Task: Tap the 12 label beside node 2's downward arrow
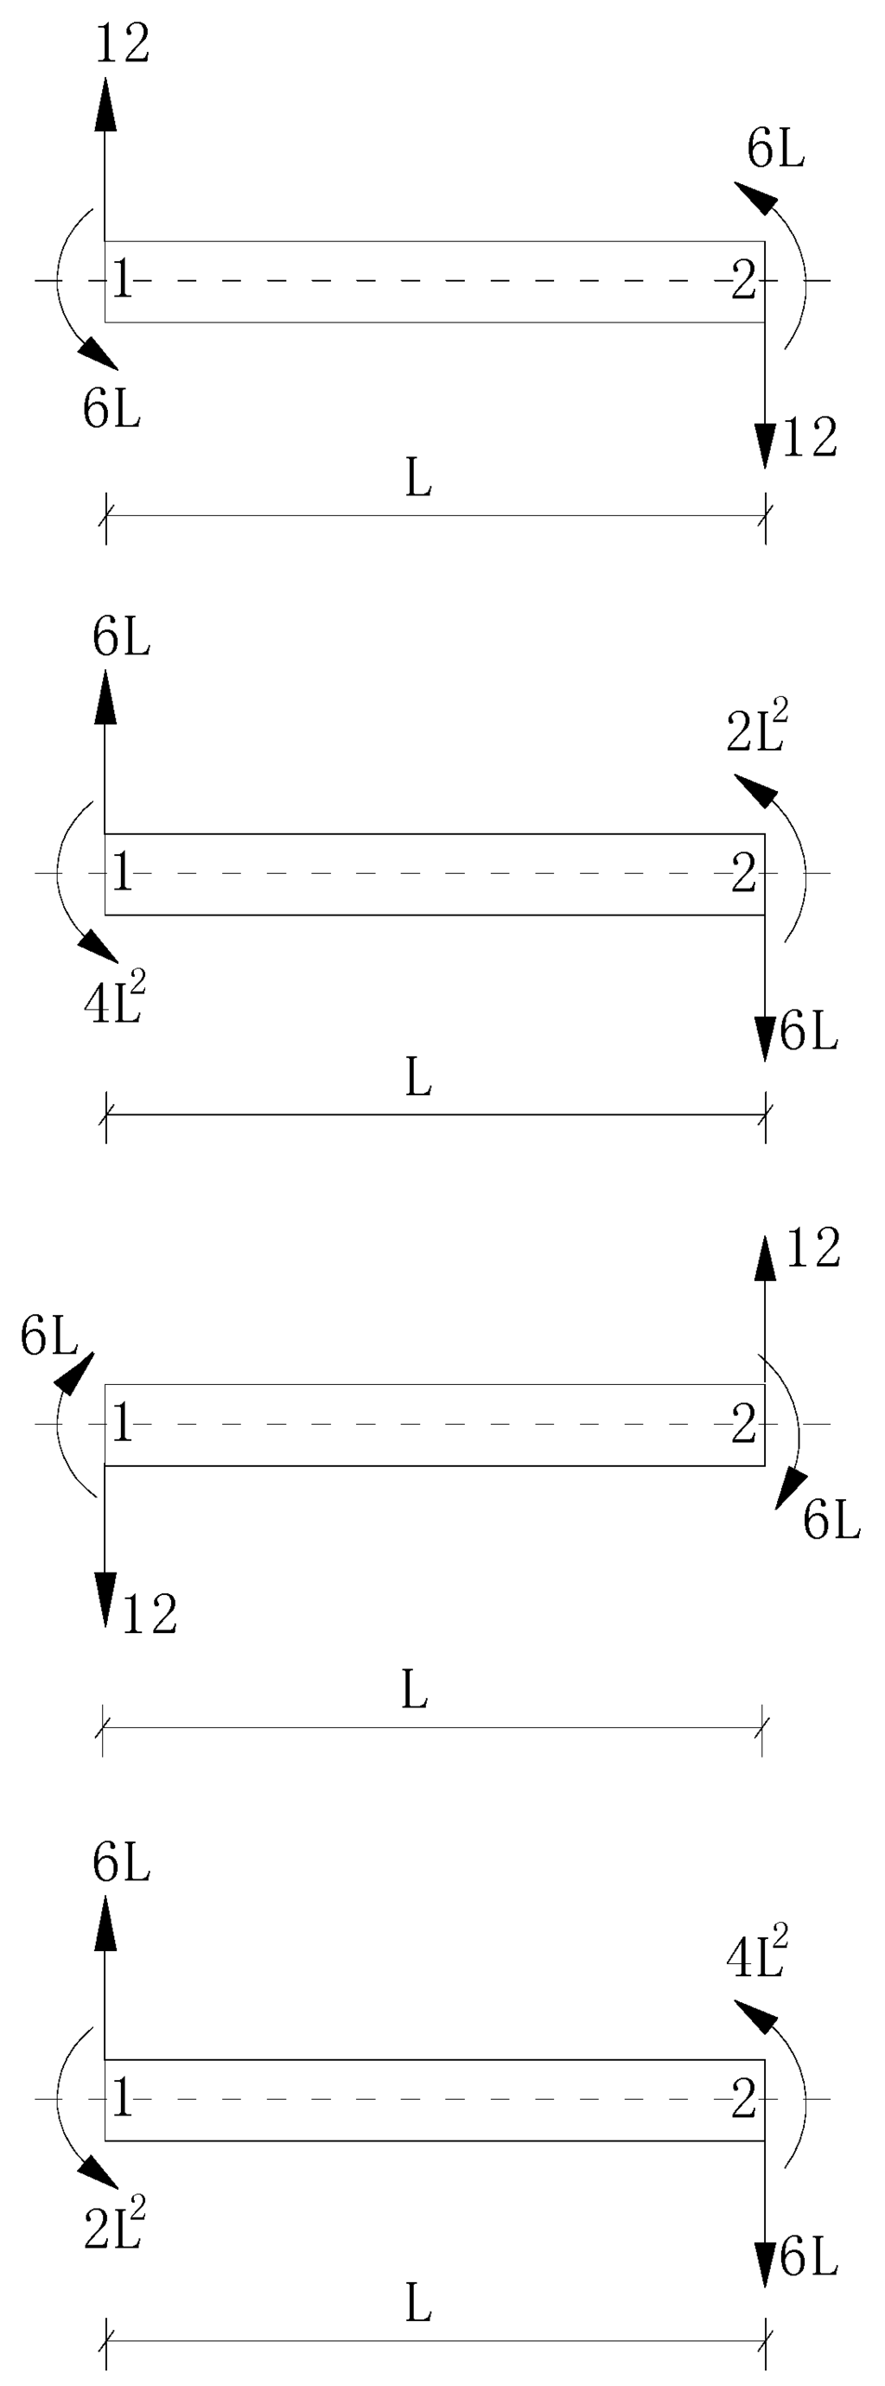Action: point(810,438)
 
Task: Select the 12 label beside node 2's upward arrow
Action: point(812,1248)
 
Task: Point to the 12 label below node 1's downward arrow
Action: point(149,1615)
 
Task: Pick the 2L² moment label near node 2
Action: point(757,730)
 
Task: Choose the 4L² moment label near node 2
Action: point(757,1955)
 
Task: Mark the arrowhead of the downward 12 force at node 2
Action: point(765,444)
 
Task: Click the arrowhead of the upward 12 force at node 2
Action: point(765,1258)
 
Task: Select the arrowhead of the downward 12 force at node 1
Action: point(105,1599)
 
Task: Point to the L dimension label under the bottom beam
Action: point(418,2304)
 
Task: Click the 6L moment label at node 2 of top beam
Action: point(776,148)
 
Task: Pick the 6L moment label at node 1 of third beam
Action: point(48,1337)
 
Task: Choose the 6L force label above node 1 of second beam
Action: point(121,638)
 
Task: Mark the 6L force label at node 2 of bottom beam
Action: point(809,2257)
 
